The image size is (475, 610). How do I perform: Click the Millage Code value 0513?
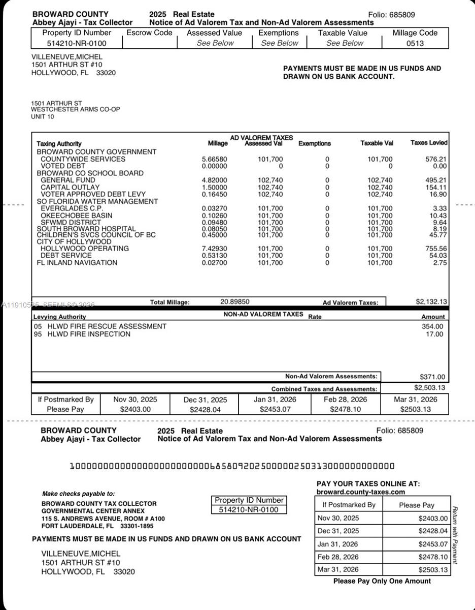pos(415,43)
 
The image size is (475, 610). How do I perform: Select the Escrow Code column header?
pos(149,33)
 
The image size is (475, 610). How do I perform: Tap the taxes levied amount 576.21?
pos(436,159)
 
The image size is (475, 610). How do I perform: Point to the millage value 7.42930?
pos(215,249)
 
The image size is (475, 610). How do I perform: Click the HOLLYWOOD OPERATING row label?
pos(85,249)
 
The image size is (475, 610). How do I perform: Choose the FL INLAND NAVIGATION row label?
pos(77,263)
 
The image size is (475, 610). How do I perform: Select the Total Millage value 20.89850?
pos(234,301)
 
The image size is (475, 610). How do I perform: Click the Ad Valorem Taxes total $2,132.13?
pos(431,301)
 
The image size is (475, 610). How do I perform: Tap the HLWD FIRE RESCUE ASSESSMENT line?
pos(100,326)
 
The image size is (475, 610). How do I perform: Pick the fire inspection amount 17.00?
pos(434,334)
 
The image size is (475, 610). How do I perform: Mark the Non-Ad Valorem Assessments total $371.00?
pos(432,377)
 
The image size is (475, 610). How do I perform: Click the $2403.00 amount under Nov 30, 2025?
pos(134,409)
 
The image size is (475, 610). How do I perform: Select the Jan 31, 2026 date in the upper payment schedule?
pos(275,400)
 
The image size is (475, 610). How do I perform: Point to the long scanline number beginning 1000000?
pos(231,466)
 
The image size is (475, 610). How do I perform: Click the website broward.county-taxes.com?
pos(360,492)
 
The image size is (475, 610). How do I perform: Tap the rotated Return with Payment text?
pos(455,535)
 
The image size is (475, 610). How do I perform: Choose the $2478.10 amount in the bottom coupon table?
pos(433,557)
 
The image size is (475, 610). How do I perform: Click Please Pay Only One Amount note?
pos(382,581)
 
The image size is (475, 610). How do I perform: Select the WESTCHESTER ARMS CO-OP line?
pos(75,110)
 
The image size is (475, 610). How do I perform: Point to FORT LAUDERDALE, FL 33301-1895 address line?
pos(97,526)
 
